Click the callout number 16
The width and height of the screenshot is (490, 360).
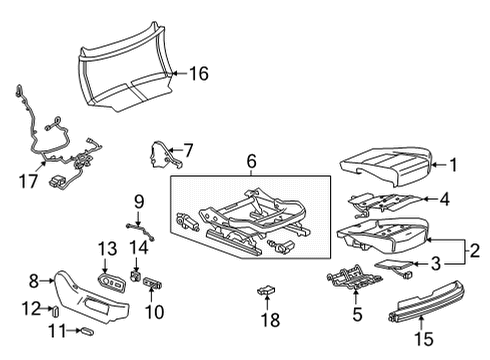199,73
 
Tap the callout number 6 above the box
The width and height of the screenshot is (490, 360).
252,160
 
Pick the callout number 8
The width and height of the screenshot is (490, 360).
34,282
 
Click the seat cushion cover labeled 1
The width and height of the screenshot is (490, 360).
385,160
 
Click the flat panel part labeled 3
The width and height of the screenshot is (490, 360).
394,266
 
